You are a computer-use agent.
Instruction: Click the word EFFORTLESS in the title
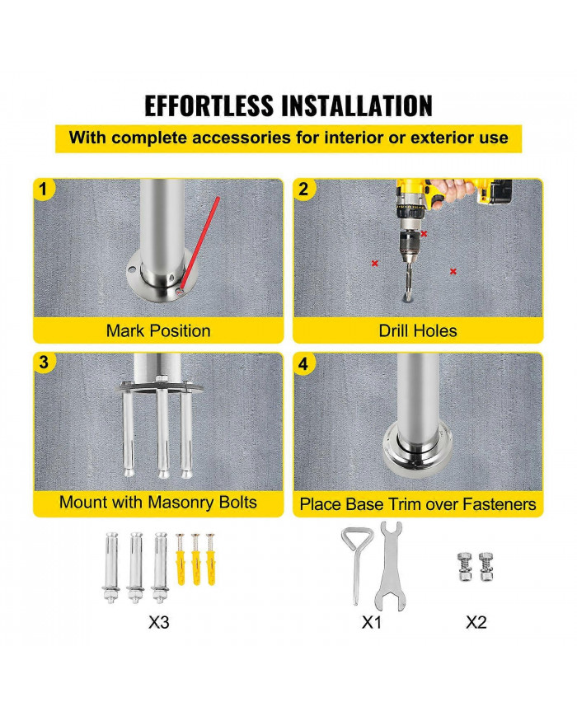click(x=209, y=106)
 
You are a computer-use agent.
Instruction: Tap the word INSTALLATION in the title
click(x=356, y=106)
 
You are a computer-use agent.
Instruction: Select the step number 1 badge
click(x=44, y=189)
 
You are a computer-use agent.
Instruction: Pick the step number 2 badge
click(x=303, y=189)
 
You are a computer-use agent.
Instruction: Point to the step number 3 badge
click(x=44, y=363)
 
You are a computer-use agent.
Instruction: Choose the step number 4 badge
click(x=303, y=364)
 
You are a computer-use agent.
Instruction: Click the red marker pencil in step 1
click(x=200, y=242)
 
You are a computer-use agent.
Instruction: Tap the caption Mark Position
click(x=158, y=330)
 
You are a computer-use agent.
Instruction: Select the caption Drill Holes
click(x=418, y=330)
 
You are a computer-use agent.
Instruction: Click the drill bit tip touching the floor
click(x=406, y=298)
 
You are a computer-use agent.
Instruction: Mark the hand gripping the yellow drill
click(x=450, y=190)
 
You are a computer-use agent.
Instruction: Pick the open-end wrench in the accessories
click(x=391, y=566)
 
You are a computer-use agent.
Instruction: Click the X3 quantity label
click(x=158, y=622)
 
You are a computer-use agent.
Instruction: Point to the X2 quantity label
click(x=476, y=622)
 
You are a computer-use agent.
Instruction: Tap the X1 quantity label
click(x=371, y=622)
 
